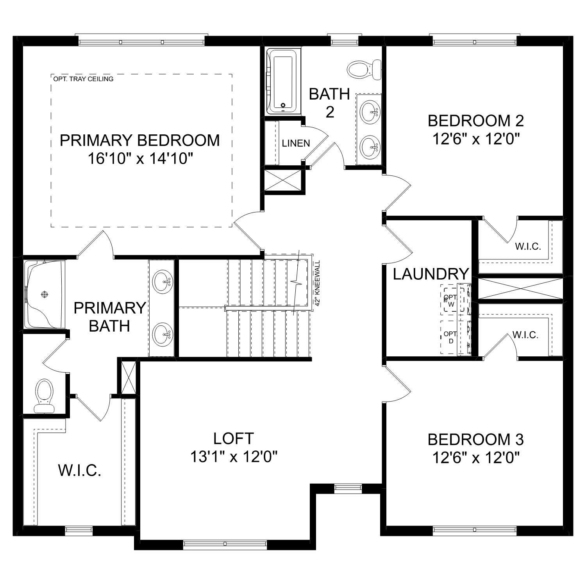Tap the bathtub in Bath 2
[x=282, y=81]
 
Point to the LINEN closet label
[x=296, y=143]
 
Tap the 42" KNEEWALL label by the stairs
[x=317, y=283]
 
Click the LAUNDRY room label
[x=431, y=274]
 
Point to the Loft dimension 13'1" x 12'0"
[x=234, y=456]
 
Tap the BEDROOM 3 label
[x=475, y=439]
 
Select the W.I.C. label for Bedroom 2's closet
[x=527, y=247]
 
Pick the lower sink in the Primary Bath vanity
[x=162, y=334]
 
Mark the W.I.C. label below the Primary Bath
[x=80, y=470]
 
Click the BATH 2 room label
[x=329, y=103]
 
